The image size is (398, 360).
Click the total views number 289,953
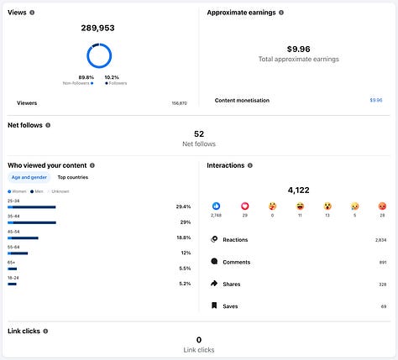[x=98, y=28]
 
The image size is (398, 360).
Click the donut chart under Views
[x=98, y=55]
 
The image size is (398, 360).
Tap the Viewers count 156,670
[x=179, y=103]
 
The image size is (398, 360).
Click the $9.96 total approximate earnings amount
[x=298, y=49]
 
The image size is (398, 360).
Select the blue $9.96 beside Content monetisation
[x=375, y=100]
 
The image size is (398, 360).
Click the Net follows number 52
[x=199, y=133]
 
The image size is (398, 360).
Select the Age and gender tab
[x=29, y=177]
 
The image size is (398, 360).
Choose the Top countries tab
[x=72, y=177]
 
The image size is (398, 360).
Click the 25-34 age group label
[x=13, y=201]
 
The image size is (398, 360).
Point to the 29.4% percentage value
[x=183, y=206]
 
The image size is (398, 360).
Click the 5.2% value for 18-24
[x=185, y=284]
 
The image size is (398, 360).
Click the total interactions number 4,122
[x=298, y=190]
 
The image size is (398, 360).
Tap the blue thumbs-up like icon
[x=216, y=206]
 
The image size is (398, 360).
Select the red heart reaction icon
[x=245, y=206]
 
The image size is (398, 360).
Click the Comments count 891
[x=382, y=262]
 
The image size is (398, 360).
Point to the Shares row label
[x=231, y=284]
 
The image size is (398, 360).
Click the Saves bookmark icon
[x=214, y=306]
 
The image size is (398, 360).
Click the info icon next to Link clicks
[x=48, y=331]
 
